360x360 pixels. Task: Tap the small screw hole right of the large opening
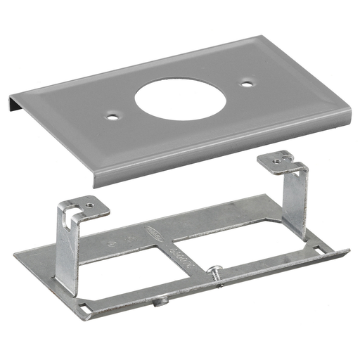pos(247,83)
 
